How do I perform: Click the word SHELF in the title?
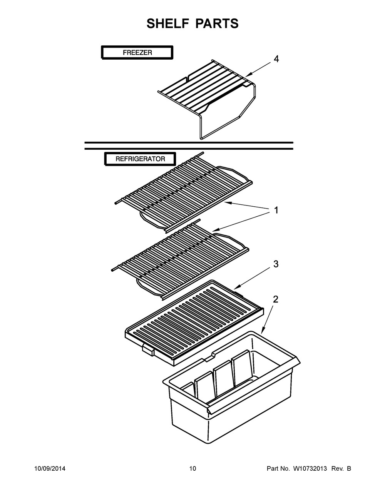[x=168, y=23]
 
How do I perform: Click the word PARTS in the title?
[x=217, y=23]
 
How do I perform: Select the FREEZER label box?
[x=137, y=53]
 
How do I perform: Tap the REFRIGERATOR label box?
[x=140, y=159]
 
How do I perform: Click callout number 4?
[x=276, y=59]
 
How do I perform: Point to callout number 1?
[x=276, y=210]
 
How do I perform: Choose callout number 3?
[x=276, y=264]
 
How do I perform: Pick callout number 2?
[x=276, y=299]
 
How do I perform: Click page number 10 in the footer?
[x=193, y=469]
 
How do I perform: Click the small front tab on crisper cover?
[x=148, y=348]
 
